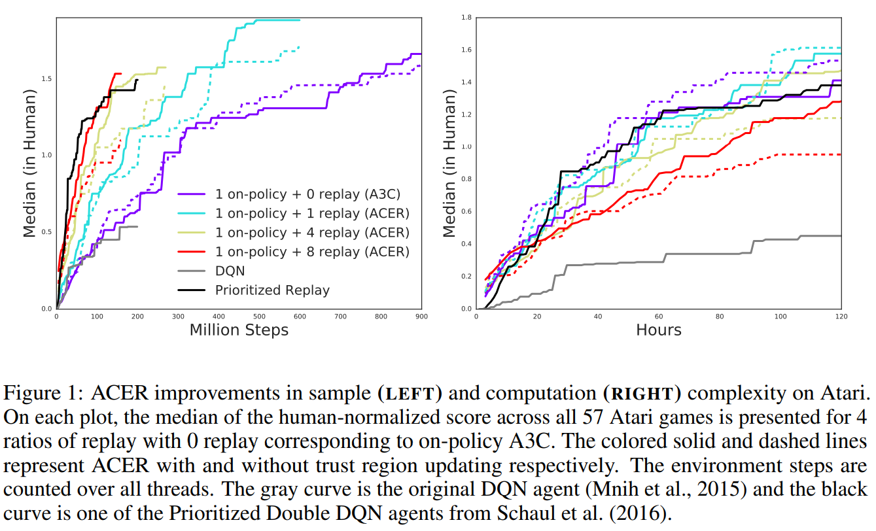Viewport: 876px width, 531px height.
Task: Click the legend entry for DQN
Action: click(230, 271)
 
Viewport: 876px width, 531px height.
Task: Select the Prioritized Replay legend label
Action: click(272, 290)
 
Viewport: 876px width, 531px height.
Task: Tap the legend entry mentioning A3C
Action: click(307, 194)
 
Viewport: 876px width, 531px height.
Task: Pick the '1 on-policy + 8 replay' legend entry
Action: click(312, 252)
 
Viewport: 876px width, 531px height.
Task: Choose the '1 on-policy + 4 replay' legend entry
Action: click(312, 232)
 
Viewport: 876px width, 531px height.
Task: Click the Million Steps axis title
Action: click(239, 330)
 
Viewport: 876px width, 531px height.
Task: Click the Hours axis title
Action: click(659, 330)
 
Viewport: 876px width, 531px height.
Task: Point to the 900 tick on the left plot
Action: click(421, 317)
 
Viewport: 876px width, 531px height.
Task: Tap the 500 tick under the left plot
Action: click(259, 317)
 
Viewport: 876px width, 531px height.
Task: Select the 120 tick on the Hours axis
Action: click(841, 317)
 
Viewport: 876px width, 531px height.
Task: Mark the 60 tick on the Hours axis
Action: click(659, 317)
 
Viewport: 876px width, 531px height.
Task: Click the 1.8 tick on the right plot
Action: click(466, 18)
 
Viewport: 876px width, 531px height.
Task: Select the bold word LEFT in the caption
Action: click(410, 394)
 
